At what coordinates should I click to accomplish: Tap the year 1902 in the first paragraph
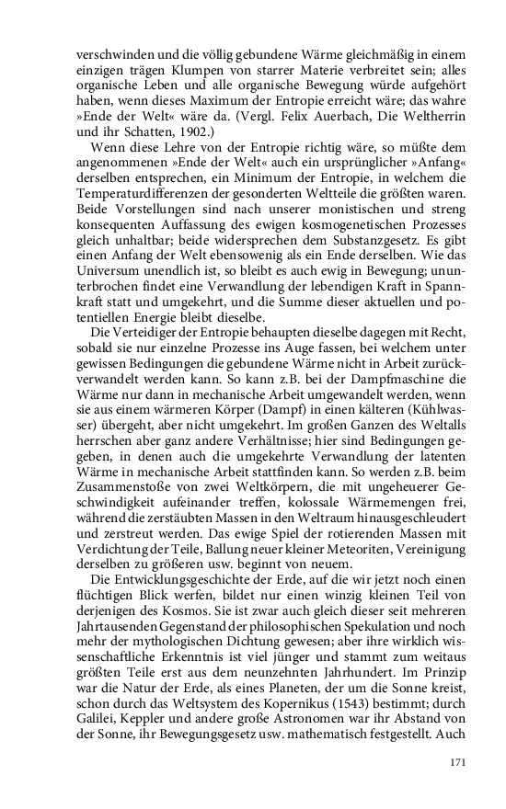(195, 134)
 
